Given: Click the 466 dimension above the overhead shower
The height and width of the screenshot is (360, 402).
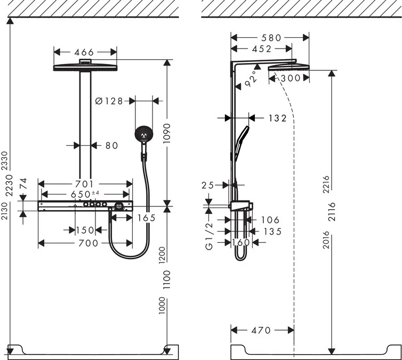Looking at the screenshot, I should [85, 52].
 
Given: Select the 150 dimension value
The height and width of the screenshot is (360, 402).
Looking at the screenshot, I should [84, 230].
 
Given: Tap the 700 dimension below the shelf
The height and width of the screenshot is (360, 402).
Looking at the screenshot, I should [85, 243].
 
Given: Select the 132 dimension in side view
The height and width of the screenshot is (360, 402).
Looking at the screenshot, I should [277, 118].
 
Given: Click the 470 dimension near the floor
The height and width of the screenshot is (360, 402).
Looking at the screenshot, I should [261, 331].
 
